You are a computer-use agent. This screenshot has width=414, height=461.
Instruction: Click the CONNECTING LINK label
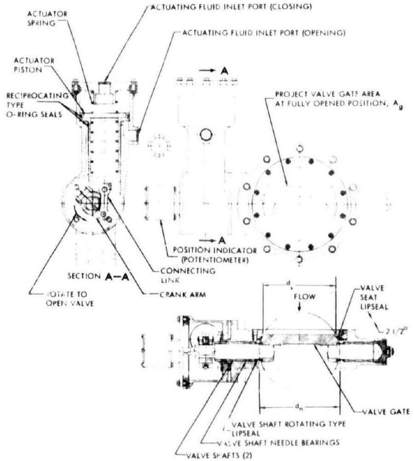(192, 274)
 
